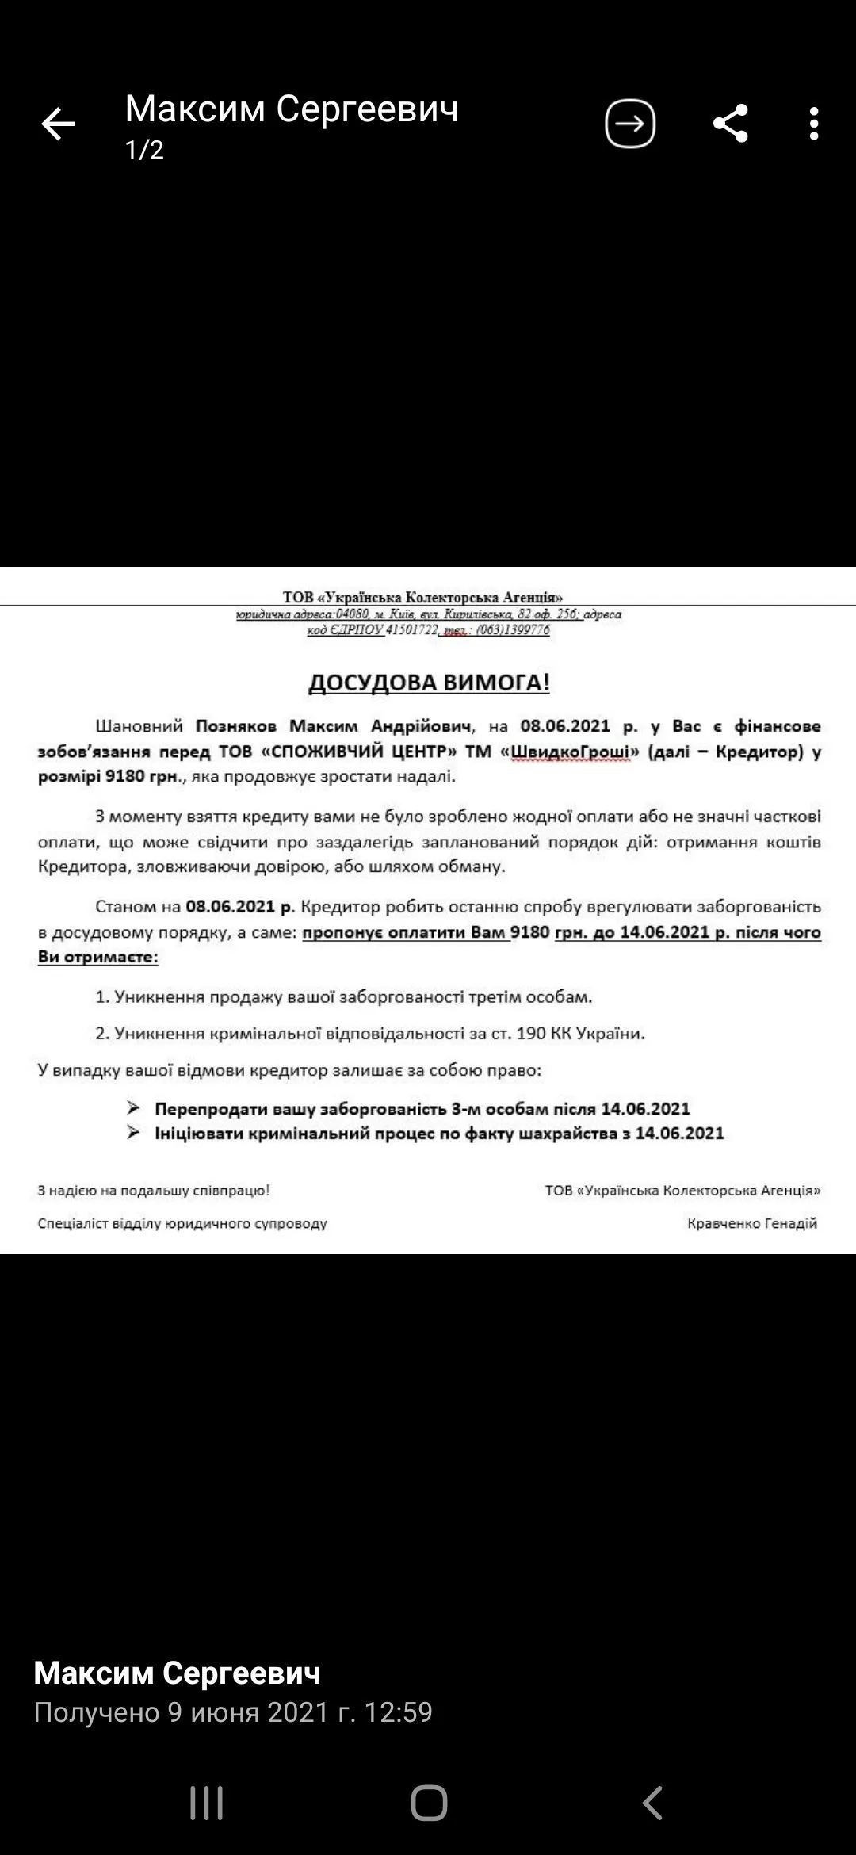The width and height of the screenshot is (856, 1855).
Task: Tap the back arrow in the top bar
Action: [58, 124]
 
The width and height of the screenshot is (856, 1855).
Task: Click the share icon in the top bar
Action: [730, 124]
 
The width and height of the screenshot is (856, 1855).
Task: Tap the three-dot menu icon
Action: [814, 124]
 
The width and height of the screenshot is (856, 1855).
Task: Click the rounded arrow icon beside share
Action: [630, 124]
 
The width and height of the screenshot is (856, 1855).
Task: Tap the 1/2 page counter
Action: [144, 150]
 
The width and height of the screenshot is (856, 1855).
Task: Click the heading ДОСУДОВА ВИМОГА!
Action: [429, 683]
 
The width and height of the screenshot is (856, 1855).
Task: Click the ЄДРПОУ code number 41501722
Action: [411, 630]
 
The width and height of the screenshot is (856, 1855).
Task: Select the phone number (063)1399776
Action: [513, 630]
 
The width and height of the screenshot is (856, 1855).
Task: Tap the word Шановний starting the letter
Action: [139, 726]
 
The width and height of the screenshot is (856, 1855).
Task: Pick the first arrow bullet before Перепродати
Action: [133, 1108]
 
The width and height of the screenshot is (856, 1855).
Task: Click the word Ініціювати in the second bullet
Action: [198, 1134]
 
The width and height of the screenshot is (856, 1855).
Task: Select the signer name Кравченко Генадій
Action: [752, 1223]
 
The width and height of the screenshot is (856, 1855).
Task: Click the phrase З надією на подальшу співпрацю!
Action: [154, 1190]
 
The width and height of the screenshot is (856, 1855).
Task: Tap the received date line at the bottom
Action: [233, 1712]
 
